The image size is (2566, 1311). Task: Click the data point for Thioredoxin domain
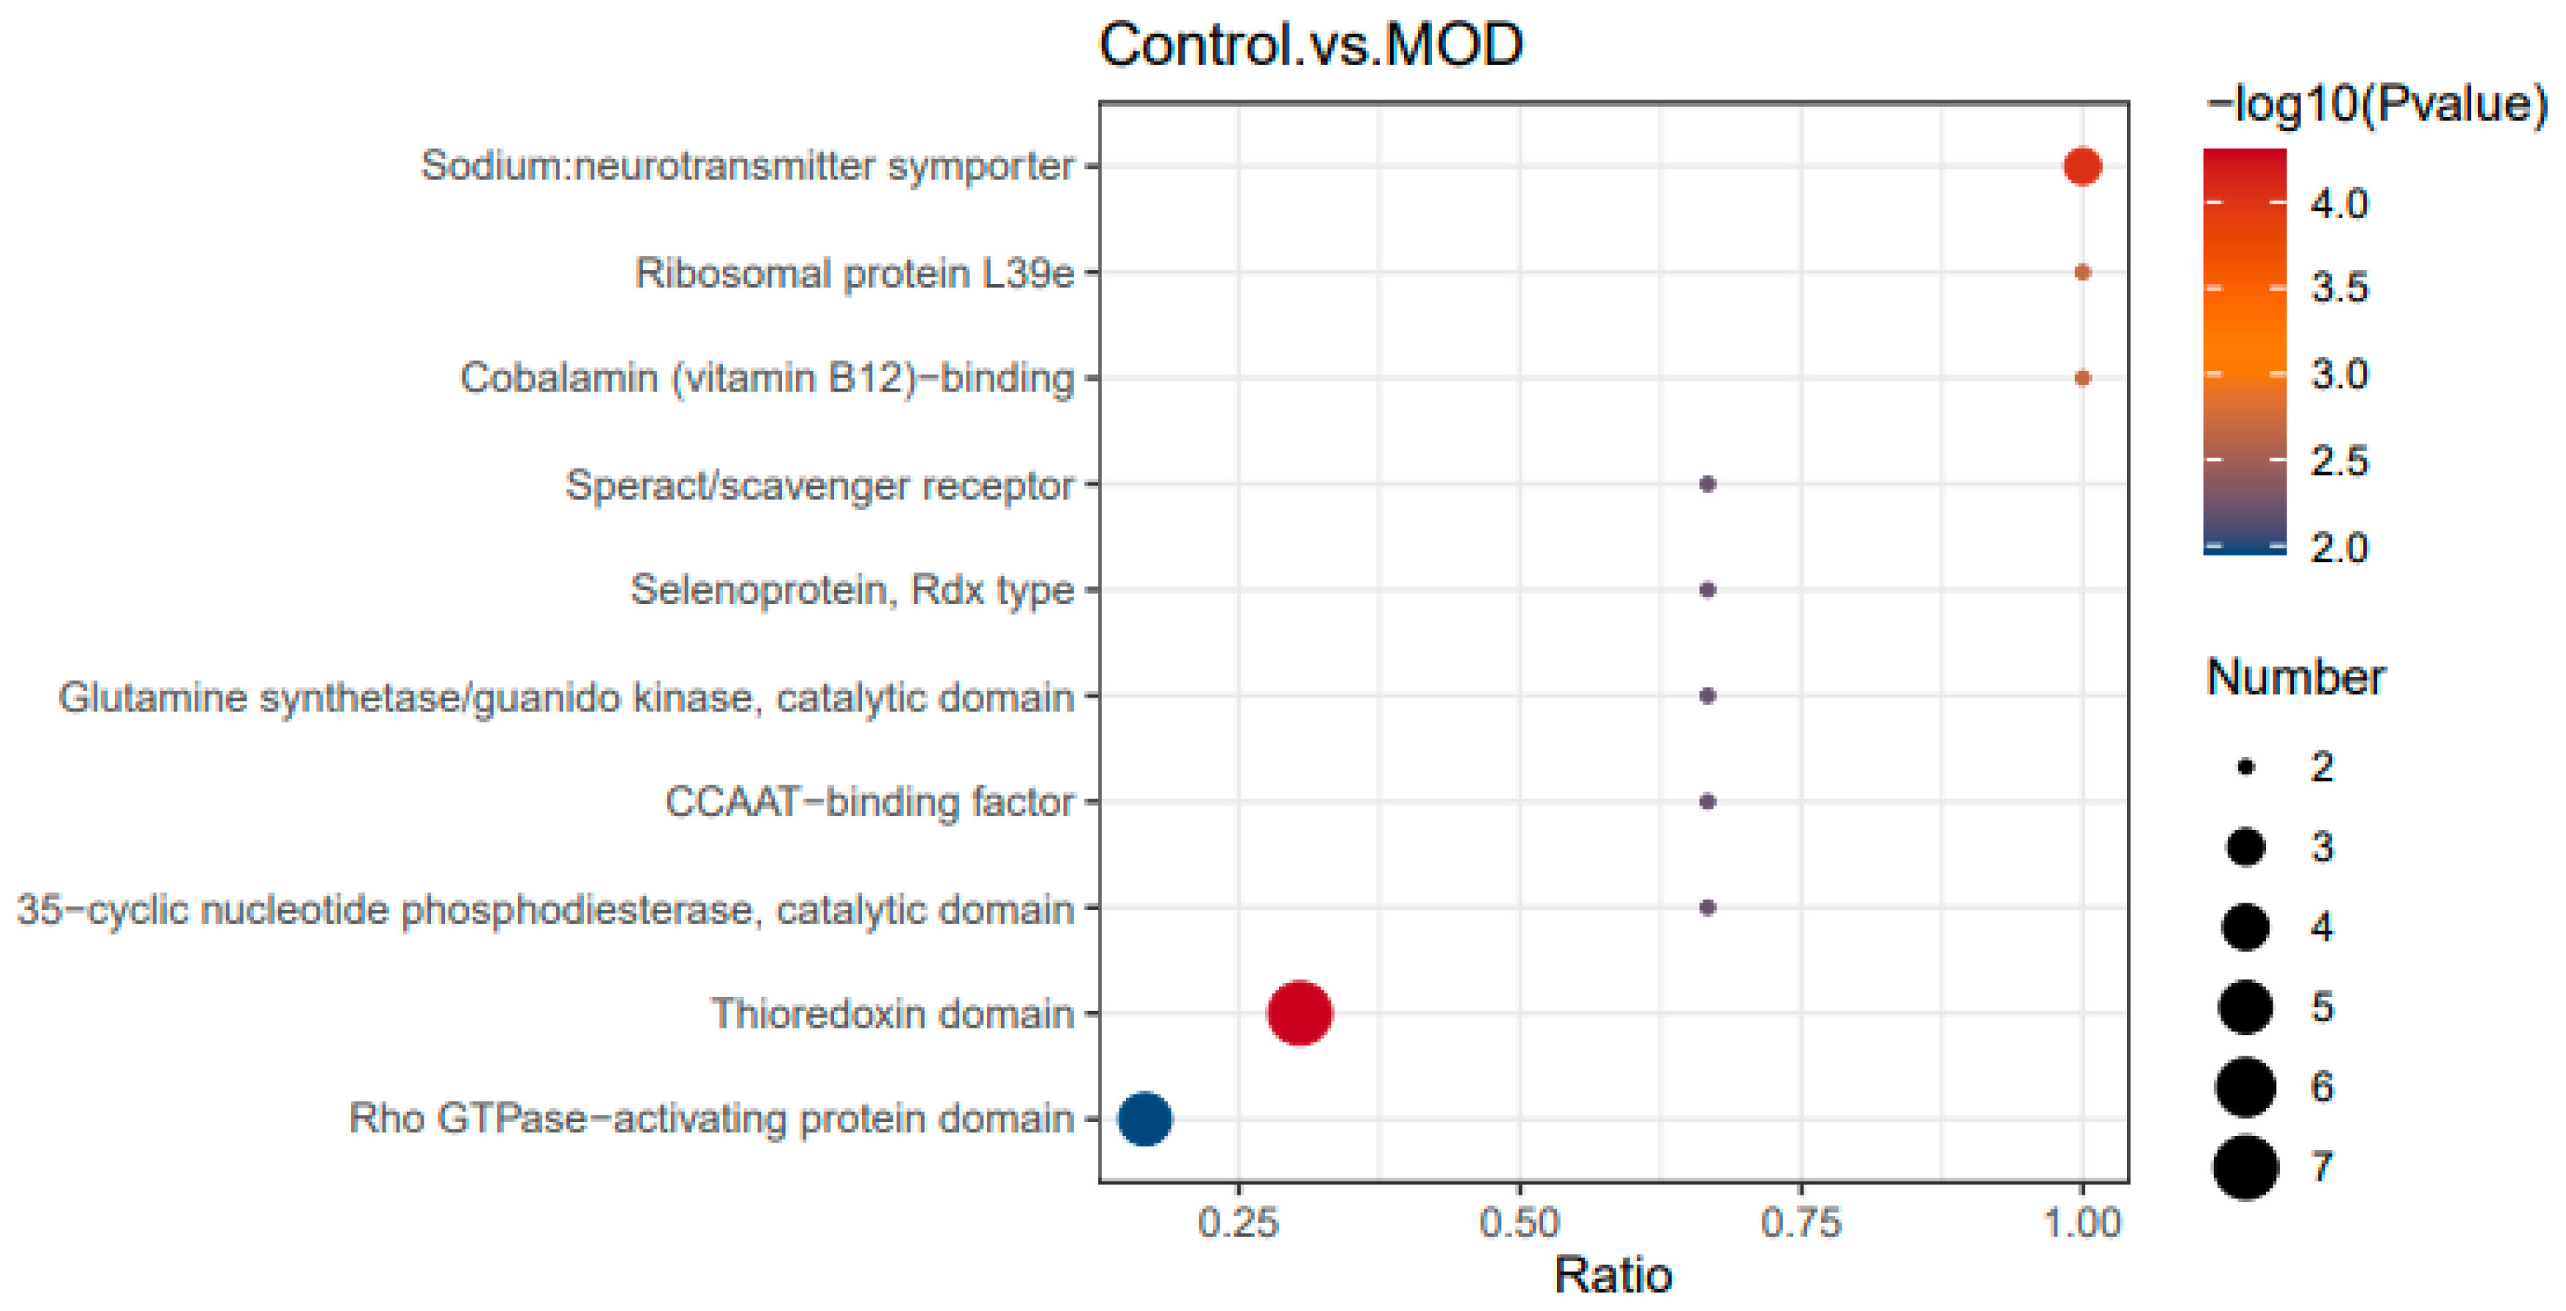[1299, 1012]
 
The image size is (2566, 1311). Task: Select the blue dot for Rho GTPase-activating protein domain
[1144, 1118]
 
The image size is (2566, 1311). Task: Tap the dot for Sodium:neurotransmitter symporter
[2082, 165]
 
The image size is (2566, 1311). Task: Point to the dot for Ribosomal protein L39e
[2082, 272]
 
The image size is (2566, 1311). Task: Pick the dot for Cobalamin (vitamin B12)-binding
[2082, 378]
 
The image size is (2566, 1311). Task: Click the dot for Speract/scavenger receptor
[1707, 484]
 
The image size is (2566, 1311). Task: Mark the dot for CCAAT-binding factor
[1707, 801]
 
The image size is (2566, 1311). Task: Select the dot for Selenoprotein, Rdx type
[1707, 590]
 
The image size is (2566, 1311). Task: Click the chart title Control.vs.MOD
[1311, 45]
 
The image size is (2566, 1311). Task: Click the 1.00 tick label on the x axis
[2082, 1222]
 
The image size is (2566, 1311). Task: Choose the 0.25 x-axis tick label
[1238, 1222]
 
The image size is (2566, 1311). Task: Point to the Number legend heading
[2295, 677]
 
